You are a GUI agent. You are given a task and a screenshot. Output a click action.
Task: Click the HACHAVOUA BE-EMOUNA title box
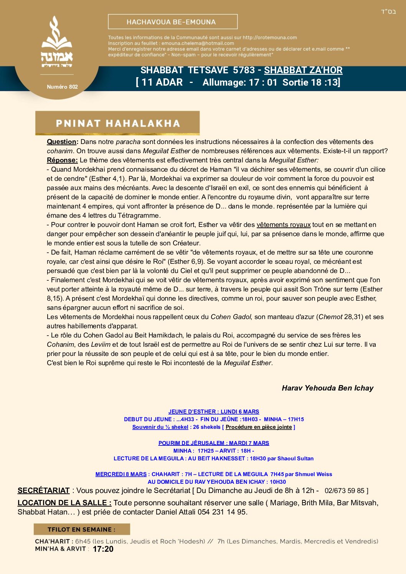click(173, 22)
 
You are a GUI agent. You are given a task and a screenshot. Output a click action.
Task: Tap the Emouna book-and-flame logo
click(57, 42)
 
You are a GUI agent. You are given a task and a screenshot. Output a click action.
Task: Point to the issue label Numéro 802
click(62, 87)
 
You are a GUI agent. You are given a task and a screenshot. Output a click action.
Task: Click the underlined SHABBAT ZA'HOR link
click(303, 70)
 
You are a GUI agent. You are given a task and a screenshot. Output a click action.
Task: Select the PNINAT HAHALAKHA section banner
click(117, 123)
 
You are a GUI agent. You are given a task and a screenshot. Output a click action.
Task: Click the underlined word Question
click(61, 142)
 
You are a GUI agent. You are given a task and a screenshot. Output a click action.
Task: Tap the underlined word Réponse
click(62, 160)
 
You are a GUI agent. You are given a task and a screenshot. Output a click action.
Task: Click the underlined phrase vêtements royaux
click(284, 225)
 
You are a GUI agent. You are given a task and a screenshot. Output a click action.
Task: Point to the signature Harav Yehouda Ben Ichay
click(327, 388)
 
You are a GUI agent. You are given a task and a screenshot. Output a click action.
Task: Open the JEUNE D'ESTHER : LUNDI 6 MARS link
click(214, 412)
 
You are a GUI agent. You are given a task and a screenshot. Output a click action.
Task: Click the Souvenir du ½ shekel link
click(160, 427)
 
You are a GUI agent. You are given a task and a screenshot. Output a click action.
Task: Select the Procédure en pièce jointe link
click(259, 427)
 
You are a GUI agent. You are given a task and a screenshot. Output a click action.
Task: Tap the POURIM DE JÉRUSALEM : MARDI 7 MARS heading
click(214, 443)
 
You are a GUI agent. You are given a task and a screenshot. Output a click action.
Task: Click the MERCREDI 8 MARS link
click(121, 474)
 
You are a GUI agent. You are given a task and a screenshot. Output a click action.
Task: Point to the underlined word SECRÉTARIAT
click(43, 491)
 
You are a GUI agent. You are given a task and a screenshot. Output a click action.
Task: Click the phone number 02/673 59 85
click(344, 491)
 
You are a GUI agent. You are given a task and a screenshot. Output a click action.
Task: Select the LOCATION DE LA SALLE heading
click(64, 503)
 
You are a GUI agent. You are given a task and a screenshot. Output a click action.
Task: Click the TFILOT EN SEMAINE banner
click(82, 529)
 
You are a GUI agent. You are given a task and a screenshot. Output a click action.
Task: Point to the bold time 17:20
click(103, 549)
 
